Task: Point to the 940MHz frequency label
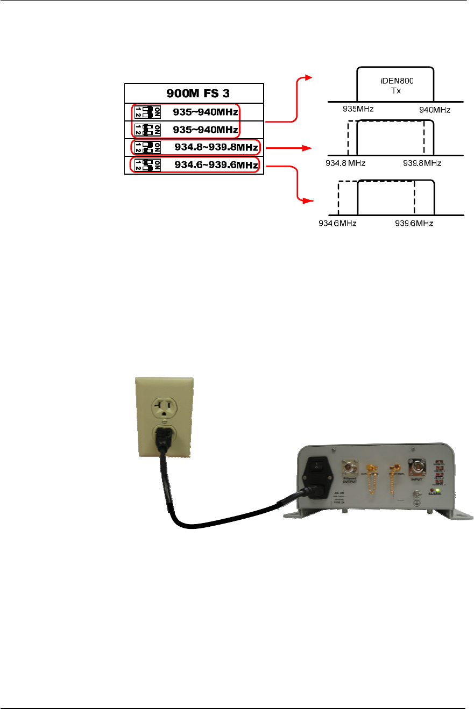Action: pos(435,110)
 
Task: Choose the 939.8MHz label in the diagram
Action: pos(422,163)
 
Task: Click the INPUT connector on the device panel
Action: pos(418,466)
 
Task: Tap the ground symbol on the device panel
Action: pos(418,504)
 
